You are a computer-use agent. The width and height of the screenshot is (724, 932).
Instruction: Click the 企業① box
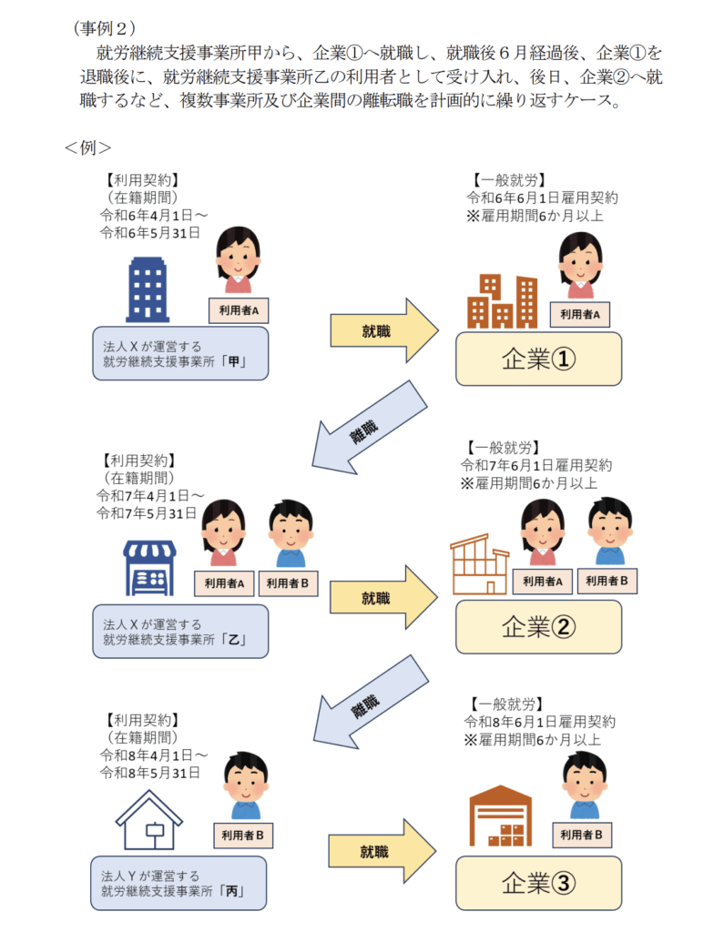538,360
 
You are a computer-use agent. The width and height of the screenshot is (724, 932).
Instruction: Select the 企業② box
538,626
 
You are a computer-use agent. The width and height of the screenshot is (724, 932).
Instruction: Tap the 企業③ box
538,882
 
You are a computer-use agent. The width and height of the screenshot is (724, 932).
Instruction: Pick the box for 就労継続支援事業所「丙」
178,882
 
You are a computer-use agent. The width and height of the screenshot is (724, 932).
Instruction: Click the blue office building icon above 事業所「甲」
148,287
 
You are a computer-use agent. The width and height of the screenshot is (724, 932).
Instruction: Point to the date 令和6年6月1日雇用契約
543,198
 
